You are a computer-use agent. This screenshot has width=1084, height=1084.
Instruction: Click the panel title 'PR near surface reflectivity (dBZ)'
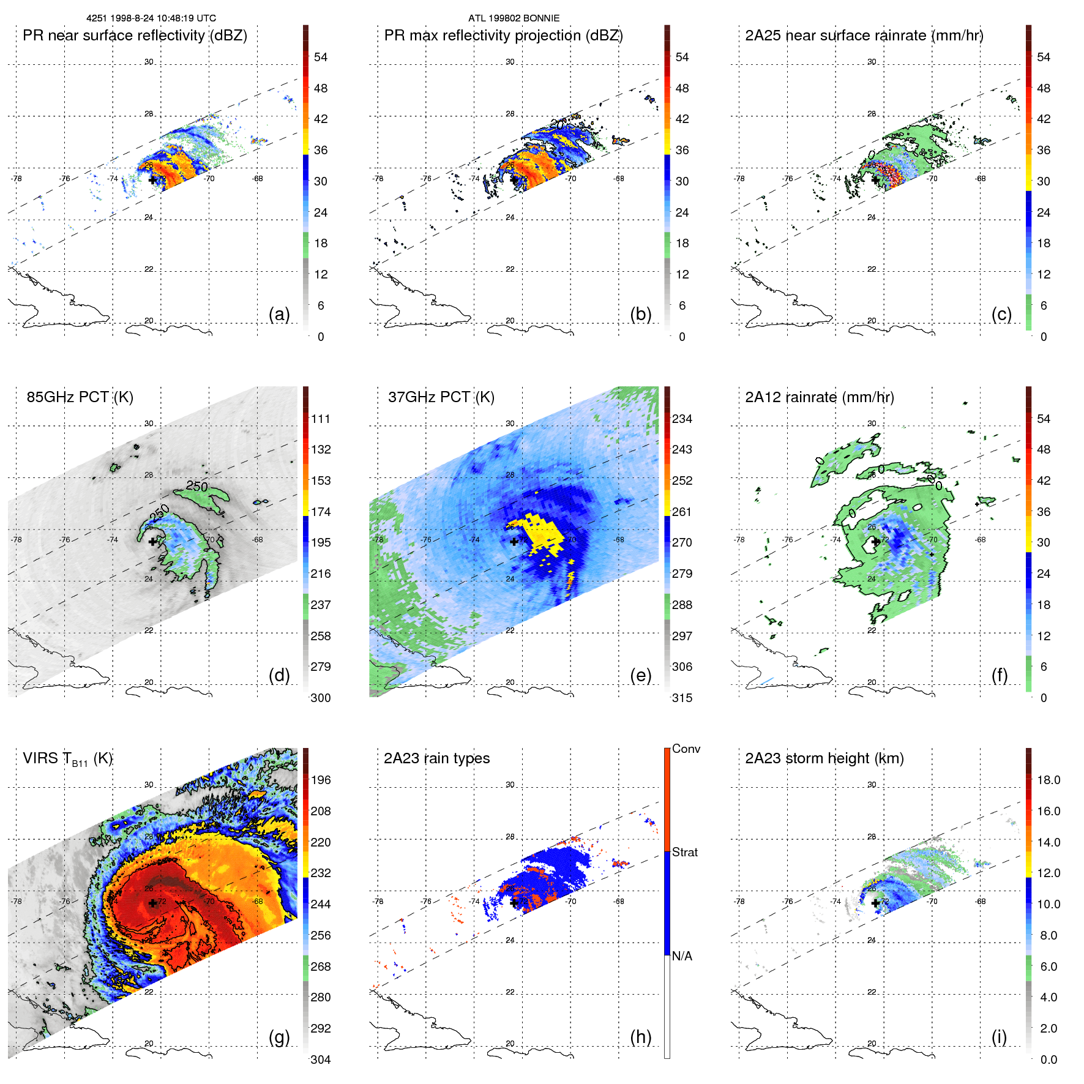[x=135, y=36]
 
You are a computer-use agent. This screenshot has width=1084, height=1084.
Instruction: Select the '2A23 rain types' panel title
[x=436, y=758]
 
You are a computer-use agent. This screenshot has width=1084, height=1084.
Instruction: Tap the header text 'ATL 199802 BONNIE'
[x=514, y=18]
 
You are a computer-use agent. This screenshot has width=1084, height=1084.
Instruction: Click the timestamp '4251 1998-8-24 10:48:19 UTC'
[x=151, y=18]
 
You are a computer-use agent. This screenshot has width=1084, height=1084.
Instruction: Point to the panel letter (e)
[x=640, y=675]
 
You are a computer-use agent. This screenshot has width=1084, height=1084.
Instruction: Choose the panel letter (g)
[x=279, y=1037]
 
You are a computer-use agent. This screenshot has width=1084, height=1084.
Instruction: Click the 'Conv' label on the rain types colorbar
[x=686, y=749]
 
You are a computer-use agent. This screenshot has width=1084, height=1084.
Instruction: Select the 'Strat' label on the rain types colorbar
[x=684, y=852]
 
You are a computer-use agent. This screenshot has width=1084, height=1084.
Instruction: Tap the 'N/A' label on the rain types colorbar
[x=682, y=956]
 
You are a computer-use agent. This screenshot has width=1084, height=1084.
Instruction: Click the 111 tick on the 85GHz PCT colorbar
[x=320, y=419]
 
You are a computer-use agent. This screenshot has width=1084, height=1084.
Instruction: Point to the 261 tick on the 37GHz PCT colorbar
[x=682, y=512]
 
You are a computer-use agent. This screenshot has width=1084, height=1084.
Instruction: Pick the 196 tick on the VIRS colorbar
[x=320, y=780]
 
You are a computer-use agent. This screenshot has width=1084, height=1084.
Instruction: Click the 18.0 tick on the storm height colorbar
[x=1048, y=780]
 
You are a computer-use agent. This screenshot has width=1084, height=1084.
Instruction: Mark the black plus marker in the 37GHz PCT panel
[x=514, y=541]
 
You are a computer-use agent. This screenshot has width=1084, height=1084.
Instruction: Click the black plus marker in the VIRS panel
[x=152, y=903]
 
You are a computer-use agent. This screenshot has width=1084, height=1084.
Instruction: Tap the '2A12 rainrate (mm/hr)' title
[x=819, y=397]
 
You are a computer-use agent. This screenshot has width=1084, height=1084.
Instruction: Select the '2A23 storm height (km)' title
[x=824, y=758]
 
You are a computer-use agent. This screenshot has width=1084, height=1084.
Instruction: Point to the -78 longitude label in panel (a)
[x=17, y=179]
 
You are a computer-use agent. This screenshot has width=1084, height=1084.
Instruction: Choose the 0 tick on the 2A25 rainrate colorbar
[x=1044, y=337]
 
